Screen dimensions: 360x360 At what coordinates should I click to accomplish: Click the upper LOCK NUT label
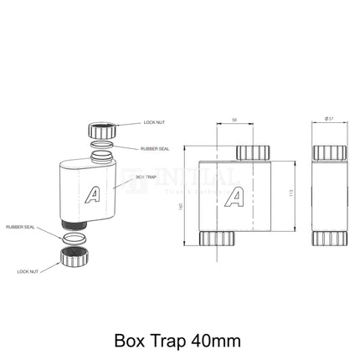[155, 123]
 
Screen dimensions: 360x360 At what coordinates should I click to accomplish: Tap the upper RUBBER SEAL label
[155, 148]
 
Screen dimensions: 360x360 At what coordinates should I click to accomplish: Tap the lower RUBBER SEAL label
[20, 227]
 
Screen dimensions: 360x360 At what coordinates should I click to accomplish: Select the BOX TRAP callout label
[147, 177]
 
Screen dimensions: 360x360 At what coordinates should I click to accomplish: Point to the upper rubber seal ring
[100, 152]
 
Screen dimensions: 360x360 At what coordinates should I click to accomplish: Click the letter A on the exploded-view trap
[95, 195]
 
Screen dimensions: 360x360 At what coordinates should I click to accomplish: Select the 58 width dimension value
[233, 121]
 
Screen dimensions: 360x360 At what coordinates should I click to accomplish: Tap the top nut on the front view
[253, 152]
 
